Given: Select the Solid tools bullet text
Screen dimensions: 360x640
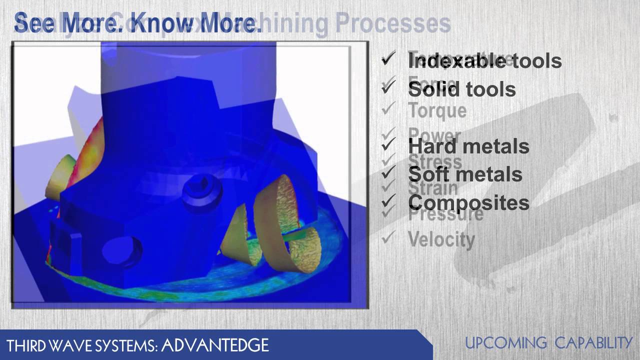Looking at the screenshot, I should [462, 89].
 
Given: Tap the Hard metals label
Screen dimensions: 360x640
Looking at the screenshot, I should [468, 146].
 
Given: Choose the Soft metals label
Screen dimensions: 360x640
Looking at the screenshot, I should [465, 174].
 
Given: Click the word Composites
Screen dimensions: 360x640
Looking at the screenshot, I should [468, 202].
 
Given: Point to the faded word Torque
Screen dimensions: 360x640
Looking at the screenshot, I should [437, 110].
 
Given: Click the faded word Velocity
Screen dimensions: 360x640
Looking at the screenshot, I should [441, 239].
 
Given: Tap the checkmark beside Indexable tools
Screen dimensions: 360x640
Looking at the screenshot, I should [388, 60].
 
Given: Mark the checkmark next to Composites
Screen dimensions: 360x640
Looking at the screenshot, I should [388, 202].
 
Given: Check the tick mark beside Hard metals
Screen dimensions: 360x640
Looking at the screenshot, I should [388, 145].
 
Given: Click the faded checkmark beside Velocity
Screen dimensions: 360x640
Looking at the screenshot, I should [388, 238].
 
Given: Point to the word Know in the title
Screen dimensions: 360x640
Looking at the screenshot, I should [165, 24].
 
